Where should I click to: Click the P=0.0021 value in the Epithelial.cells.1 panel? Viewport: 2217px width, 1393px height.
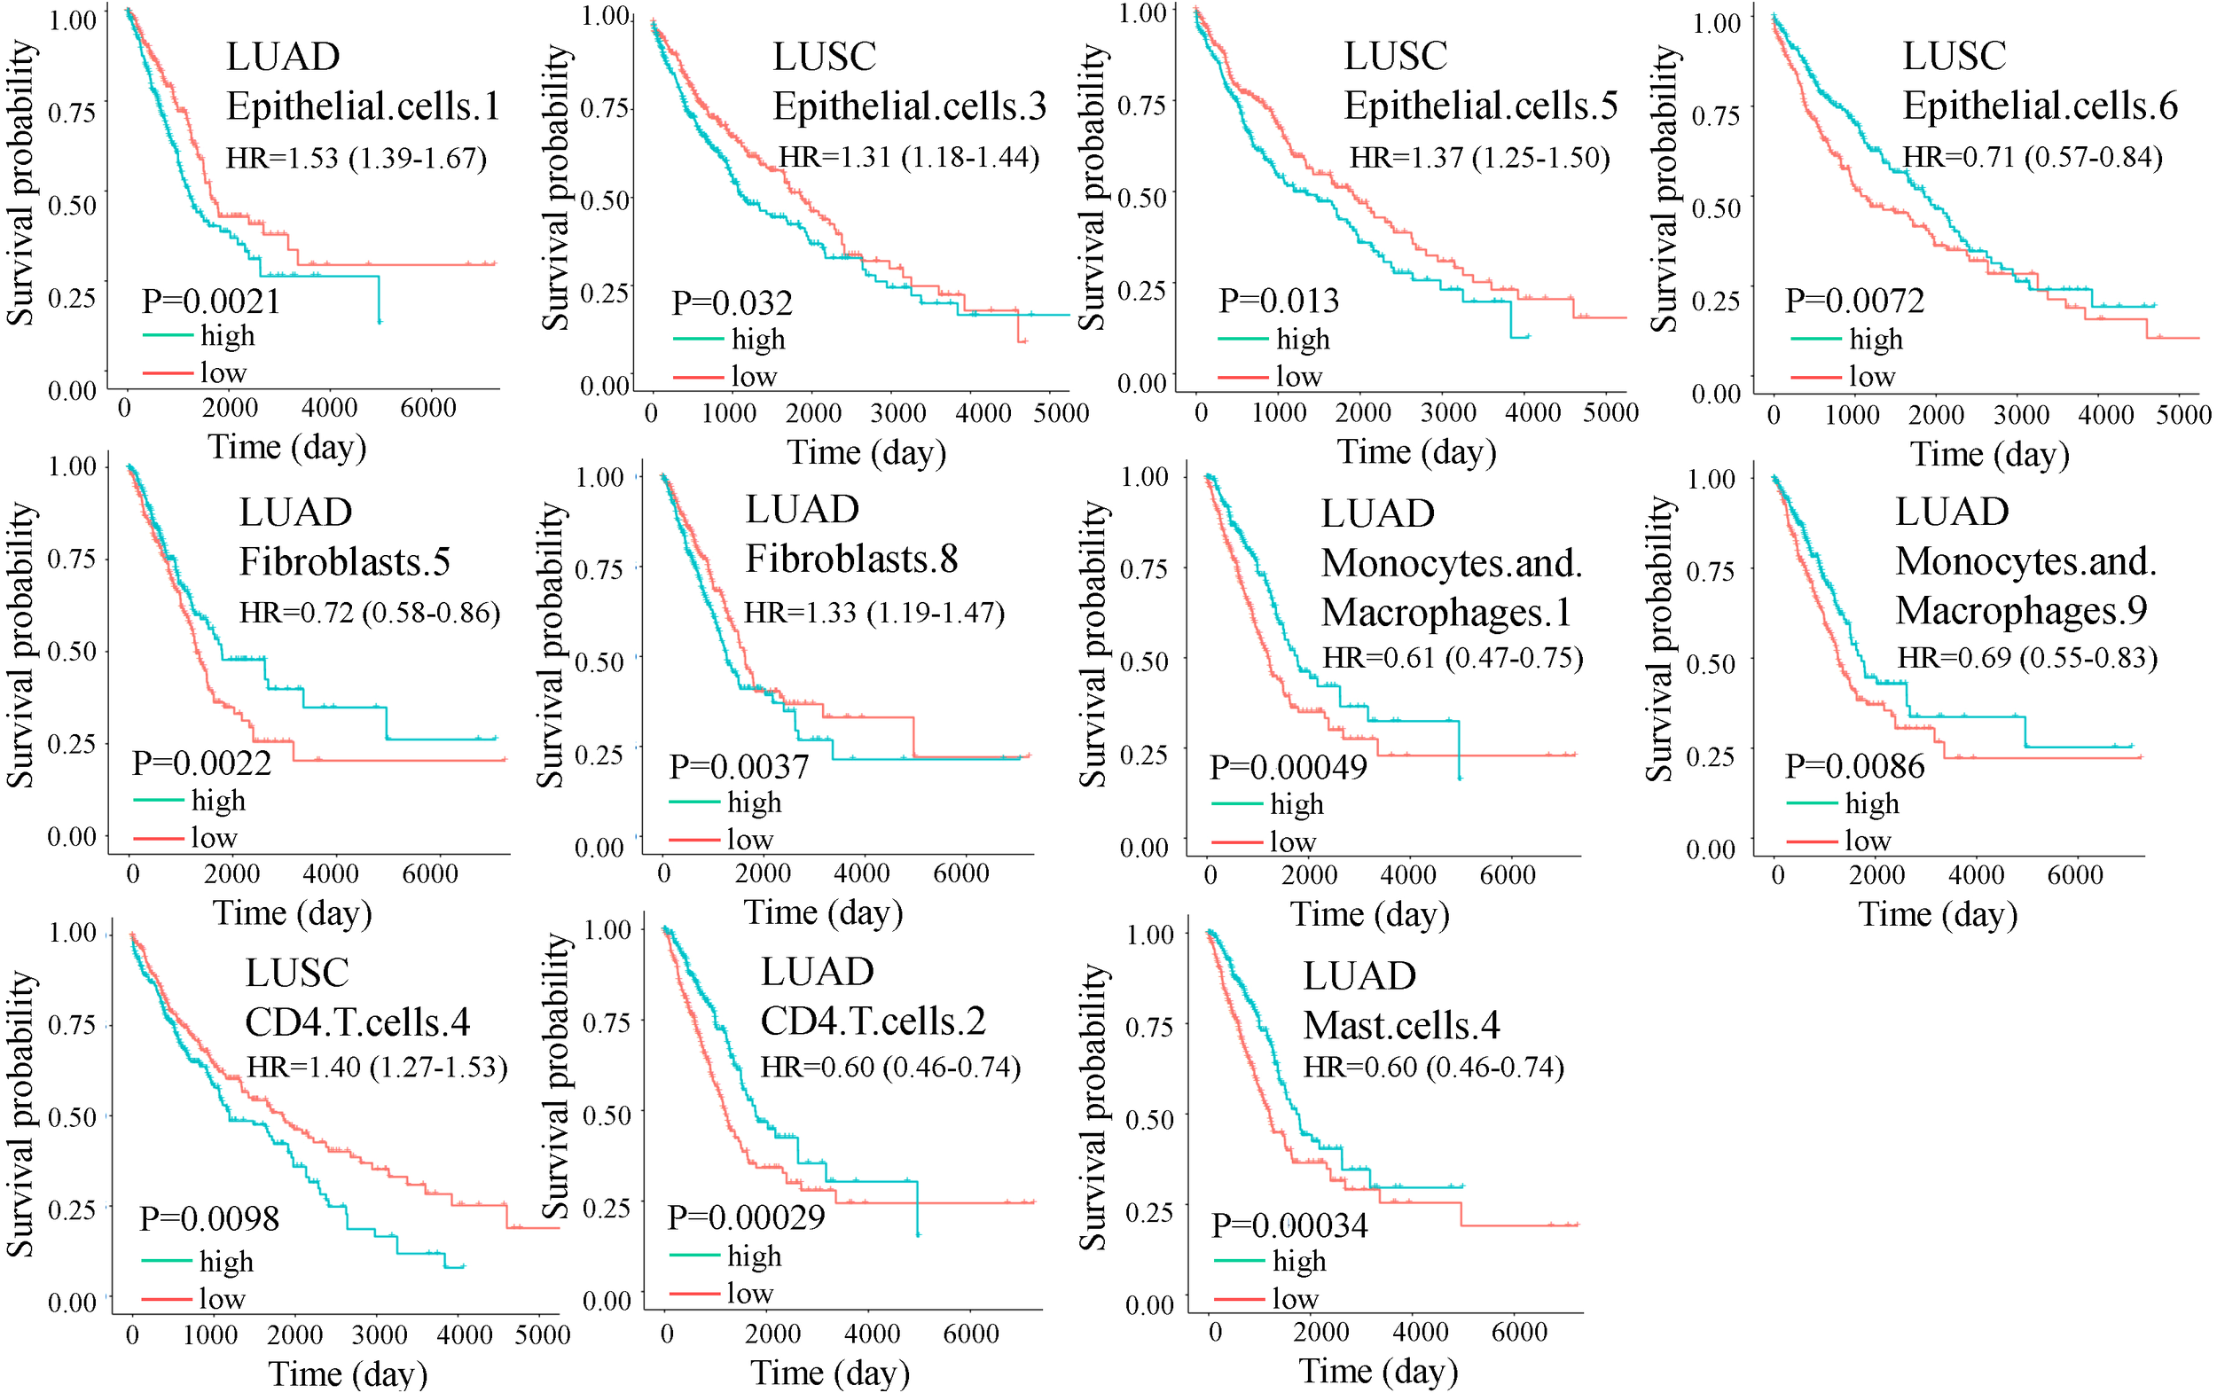point(211,301)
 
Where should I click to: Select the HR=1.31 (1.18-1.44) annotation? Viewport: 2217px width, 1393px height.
point(910,158)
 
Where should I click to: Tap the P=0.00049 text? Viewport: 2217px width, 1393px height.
point(1288,767)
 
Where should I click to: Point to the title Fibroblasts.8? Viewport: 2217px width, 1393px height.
point(851,559)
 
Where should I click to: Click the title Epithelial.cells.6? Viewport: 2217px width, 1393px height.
point(2041,106)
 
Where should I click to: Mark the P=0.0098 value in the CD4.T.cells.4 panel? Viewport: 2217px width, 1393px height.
point(209,1219)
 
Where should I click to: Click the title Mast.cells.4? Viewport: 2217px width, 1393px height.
point(1401,1025)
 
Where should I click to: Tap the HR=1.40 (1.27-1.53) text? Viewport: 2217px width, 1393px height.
point(378,1067)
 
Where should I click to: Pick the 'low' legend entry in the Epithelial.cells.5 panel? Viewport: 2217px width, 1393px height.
point(1298,377)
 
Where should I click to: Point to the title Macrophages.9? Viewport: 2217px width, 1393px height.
point(2021,610)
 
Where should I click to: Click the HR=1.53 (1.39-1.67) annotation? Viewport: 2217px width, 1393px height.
point(356,159)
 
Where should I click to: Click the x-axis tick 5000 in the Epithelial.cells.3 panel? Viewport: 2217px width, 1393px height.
point(1061,412)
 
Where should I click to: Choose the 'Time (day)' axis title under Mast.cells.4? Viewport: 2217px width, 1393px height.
point(1378,1371)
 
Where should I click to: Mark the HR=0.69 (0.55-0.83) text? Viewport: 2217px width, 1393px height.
point(2027,657)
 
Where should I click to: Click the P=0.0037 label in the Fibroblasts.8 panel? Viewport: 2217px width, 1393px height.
point(739,767)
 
